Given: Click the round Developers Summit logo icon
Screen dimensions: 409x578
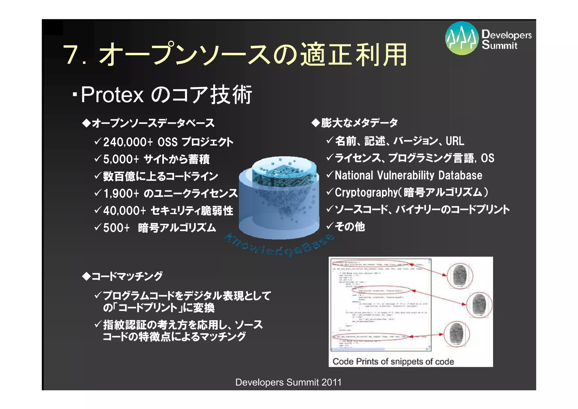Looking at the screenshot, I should click(462, 38).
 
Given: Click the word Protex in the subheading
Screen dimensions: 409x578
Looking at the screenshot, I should click(112, 95).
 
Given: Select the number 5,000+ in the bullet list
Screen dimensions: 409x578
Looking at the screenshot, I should click(121, 159).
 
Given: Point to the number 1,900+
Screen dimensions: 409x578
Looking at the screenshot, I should click(121, 194).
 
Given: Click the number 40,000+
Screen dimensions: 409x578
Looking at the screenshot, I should click(124, 211).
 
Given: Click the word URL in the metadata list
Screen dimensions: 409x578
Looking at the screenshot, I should click(455, 141).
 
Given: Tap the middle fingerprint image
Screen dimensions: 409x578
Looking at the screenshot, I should click(479, 304).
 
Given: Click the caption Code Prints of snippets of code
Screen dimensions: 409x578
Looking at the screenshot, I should click(393, 362).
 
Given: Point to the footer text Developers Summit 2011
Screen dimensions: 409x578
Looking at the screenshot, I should click(288, 382).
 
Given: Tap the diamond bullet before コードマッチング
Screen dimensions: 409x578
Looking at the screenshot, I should click(86, 276).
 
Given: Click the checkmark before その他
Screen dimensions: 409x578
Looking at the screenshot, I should click(330, 226).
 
